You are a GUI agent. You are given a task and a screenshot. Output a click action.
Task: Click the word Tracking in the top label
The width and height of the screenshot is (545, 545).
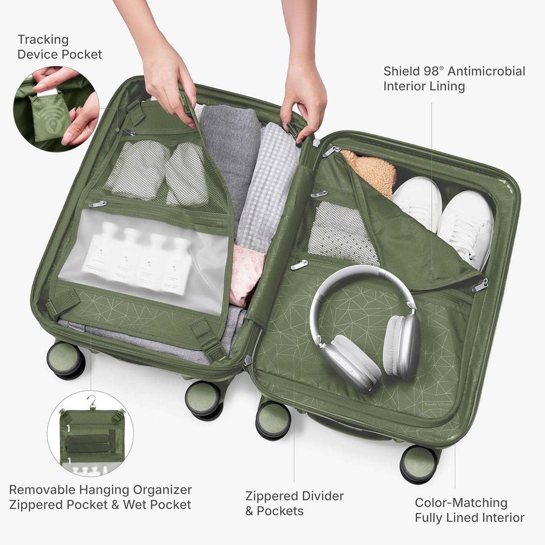(x=43, y=39)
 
